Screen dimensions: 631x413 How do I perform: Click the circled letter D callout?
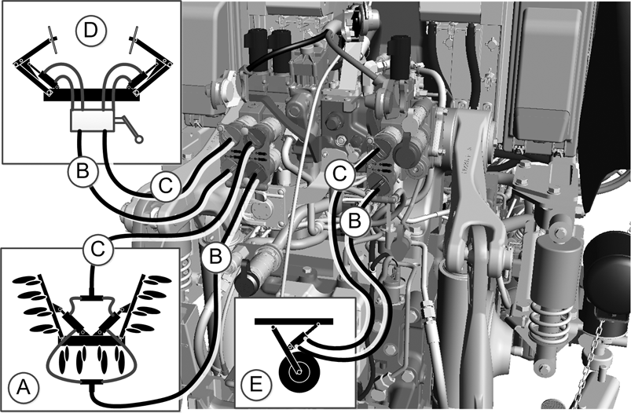(x=90, y=31)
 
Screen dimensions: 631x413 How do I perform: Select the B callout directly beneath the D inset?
(x=83, y=172)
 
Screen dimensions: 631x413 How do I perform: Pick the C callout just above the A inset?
(x=97, y=250)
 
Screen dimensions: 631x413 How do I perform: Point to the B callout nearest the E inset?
(x=354, y=221)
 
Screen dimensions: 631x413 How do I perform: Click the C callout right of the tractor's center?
(x=340, y=174)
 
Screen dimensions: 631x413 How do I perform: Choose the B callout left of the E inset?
(x=215, y=256)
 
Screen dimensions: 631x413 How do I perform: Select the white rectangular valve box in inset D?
(x=93, y=120)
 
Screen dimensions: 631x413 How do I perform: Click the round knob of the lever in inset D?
(x=139, y=140)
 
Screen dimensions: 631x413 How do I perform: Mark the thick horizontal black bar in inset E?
(x=294, y=321)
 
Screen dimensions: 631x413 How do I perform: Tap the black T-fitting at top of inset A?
(x=92, y=298)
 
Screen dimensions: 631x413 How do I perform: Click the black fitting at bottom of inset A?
(x=92, y=382)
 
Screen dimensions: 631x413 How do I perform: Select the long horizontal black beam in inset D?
(x=91, y=95)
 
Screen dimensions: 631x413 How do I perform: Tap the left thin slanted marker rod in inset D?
(x=52, y=39)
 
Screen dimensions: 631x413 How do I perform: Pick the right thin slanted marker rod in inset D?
(x=134, y=39)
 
